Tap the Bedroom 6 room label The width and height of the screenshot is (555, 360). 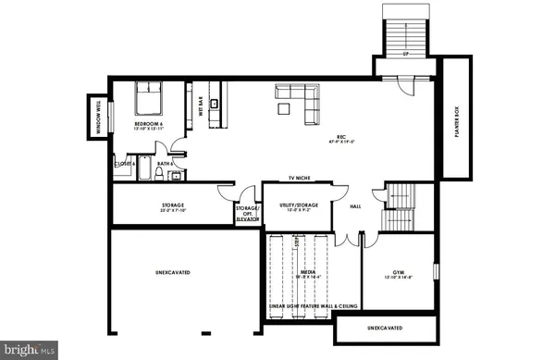(x=148, y=126)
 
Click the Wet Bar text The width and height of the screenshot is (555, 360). (x=199, y=107)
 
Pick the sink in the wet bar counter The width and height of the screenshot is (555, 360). (x=215, y=103)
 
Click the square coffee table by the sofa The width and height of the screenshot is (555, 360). (x=283, y=109)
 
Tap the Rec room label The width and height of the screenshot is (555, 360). (x=341, y=140)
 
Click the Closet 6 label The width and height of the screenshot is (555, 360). (x=125, y=164)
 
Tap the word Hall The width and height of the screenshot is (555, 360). (x=354, y=207)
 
